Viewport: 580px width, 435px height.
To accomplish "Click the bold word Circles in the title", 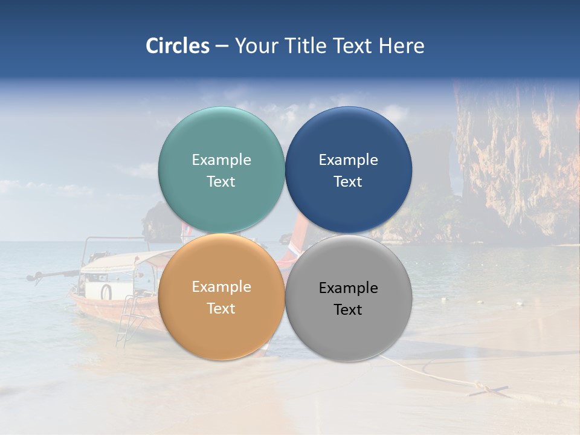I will pos(178,46).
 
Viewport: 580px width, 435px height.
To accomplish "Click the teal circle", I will pos(221,130).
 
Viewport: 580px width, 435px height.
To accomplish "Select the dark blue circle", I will pos(349,130).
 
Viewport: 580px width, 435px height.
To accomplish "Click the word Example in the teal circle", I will pos(221,160).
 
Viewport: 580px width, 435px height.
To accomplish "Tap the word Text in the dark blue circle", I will pos(348,182).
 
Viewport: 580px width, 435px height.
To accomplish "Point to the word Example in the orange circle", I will pos(221,287).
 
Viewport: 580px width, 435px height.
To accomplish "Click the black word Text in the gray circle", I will pos(348,310).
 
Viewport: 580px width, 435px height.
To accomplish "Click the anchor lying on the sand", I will pos(489,390).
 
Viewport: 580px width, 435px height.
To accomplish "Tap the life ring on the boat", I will pos(106,292).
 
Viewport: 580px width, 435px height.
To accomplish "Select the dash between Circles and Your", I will pos(222,46).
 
